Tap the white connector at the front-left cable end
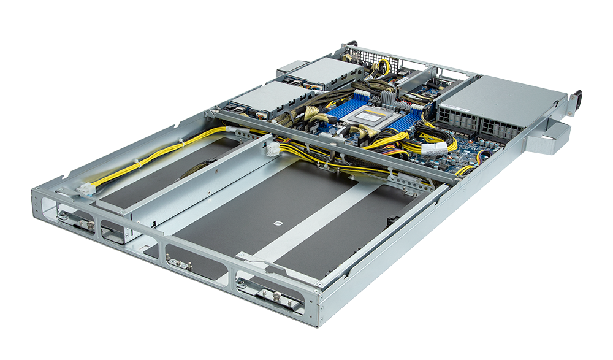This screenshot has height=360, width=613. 85,190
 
